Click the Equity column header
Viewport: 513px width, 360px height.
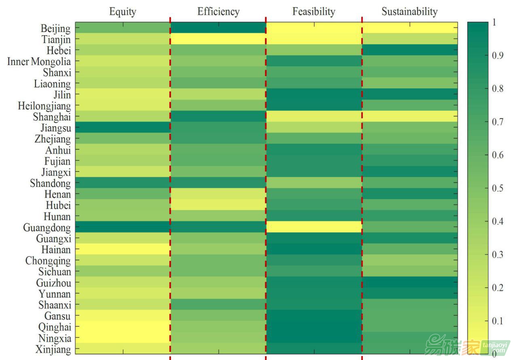(122, 12)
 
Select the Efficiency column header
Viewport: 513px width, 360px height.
(218, 12)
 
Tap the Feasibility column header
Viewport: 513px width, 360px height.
(314, 12)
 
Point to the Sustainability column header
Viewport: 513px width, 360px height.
(410, 12)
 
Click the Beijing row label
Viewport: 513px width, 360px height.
(55, 28)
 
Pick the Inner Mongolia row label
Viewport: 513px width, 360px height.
(39, 62)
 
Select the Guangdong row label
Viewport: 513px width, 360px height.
(46, 227)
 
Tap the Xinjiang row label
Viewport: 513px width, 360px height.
(53, 349)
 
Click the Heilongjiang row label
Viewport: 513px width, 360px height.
(44, 106)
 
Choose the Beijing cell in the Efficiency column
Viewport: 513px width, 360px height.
(218, 28)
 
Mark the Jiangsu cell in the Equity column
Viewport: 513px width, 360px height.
(122, 127)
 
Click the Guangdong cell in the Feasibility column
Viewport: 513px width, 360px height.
(314, 227)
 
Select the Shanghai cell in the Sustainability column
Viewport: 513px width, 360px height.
(410, 116)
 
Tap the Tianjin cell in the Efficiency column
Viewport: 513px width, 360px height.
(218, 39)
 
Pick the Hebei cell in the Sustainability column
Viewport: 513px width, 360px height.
(410, 50)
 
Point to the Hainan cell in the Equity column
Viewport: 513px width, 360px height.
(122, 249)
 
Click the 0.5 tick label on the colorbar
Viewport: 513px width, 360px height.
(497, 188)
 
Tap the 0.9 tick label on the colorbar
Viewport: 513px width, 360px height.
(497, 56)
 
